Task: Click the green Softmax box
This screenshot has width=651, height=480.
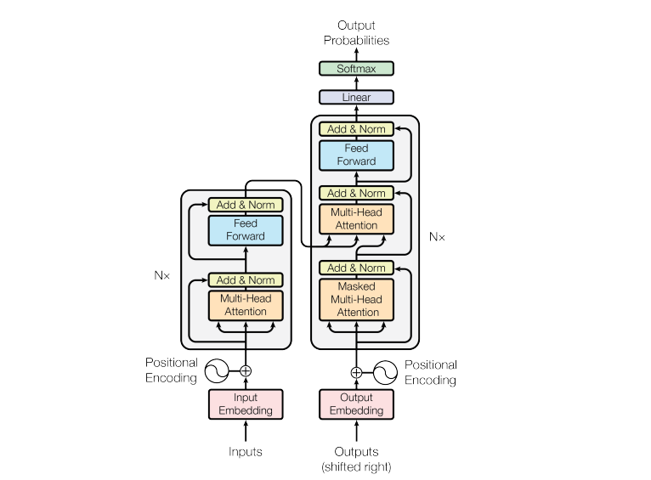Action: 356,69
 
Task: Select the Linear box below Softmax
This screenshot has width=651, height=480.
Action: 356,98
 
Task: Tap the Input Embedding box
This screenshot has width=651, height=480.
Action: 246,404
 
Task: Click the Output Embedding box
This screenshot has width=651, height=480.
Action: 356,404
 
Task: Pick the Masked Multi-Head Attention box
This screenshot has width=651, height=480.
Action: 356,299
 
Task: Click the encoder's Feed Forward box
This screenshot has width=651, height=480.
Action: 246,229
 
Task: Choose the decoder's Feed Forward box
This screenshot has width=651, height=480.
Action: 356,155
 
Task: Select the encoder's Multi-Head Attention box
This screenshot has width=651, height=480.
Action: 246,305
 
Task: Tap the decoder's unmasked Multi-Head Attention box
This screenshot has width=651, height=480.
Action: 356,219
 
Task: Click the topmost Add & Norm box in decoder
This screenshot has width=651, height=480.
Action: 356,129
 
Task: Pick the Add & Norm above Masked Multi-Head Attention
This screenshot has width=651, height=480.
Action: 356,268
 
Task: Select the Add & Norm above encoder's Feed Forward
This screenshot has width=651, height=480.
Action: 246,205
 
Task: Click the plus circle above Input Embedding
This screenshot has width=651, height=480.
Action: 246,370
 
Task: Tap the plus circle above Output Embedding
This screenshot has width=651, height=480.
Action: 356,372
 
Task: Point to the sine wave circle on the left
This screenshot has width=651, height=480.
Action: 217,370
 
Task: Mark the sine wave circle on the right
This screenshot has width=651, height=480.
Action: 385,372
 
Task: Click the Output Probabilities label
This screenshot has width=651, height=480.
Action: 356,33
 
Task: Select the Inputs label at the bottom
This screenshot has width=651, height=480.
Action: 246,452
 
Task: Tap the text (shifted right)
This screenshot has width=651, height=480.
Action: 356,466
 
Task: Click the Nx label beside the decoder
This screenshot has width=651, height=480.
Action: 437,237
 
